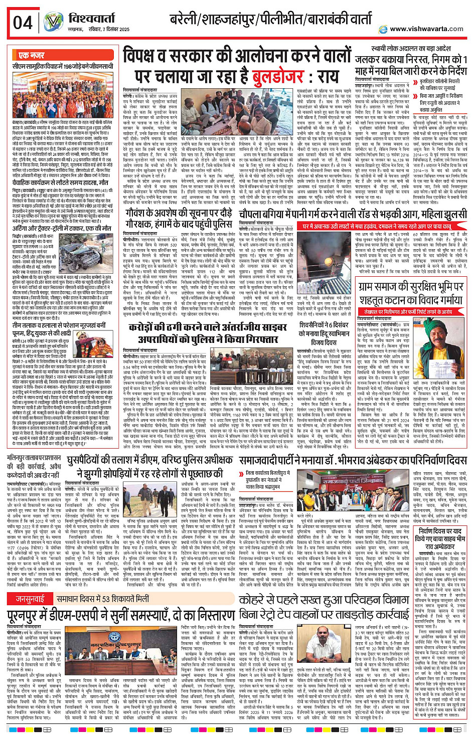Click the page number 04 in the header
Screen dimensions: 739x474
(x=23, y=23)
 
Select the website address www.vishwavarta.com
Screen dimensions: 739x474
(x=426, y=29)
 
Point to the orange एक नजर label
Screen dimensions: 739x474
(x=32, y=55)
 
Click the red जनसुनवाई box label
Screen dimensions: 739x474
(x=30, y=598)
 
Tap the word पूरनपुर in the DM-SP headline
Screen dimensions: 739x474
(x=38, y=616)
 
